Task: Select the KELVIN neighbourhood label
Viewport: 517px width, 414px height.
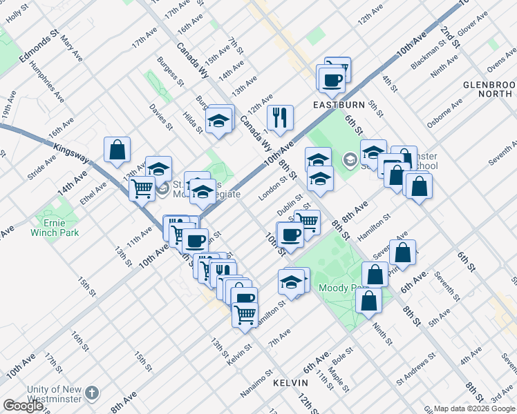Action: click(290, 382)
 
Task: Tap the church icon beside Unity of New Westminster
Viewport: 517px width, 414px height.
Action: click(92, 394)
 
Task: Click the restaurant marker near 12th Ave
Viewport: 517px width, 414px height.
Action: click(280, 117)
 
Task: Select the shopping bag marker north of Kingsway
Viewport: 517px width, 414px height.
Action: click(117, 148)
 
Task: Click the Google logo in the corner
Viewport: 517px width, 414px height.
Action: click(22, 406)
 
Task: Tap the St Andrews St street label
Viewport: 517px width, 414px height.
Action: click(415, 368)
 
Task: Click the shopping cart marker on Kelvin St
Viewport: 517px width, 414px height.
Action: click(245, 314)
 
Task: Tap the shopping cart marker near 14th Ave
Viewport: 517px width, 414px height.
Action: click(142, 187)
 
